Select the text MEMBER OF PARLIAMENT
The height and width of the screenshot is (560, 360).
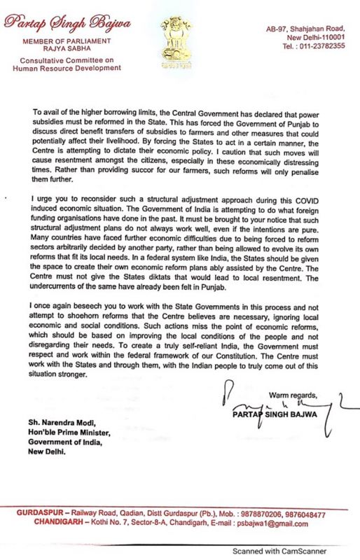pyautogui.click(x=62, y=41)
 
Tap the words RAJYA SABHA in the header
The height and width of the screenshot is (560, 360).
pyautogui.click(x=62, y=50)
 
